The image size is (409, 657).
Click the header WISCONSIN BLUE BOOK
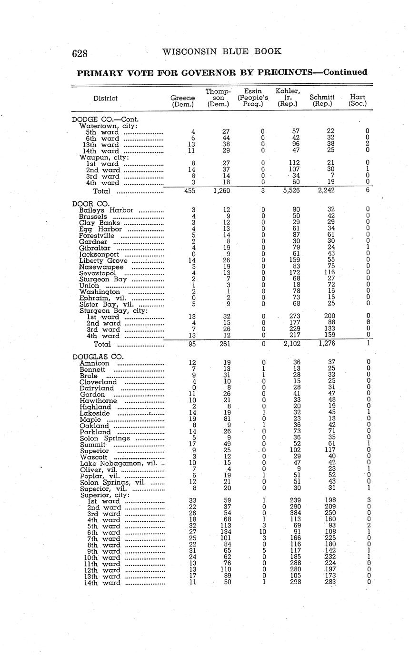click(x=222, y=51)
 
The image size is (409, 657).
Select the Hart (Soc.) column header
click(x=357, y=100)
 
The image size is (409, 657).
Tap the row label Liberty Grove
click(x=103, y=260)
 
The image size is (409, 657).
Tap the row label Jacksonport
click(x=99, y=254)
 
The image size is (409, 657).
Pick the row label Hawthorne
click(x=98, y=401)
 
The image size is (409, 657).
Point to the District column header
click(x=105, y=99)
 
